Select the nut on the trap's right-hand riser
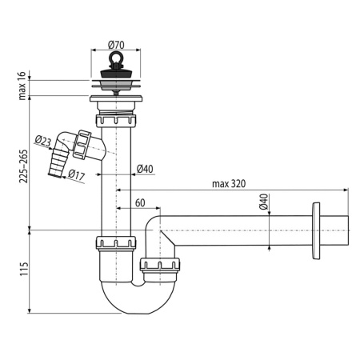tap(159, 264)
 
